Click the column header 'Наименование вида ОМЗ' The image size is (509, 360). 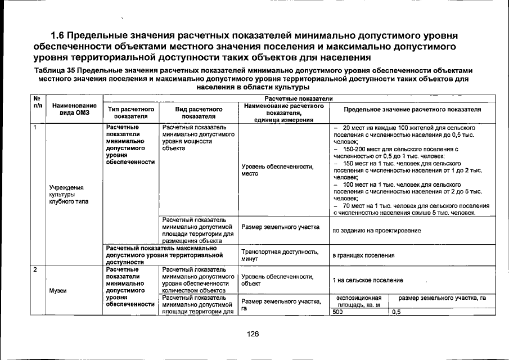74,110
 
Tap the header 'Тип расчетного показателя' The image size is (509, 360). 130,113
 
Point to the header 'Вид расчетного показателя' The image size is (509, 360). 196,113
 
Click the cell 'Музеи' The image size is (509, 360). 58,290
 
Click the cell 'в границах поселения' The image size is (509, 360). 363,255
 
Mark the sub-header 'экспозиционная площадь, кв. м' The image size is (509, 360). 359,301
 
